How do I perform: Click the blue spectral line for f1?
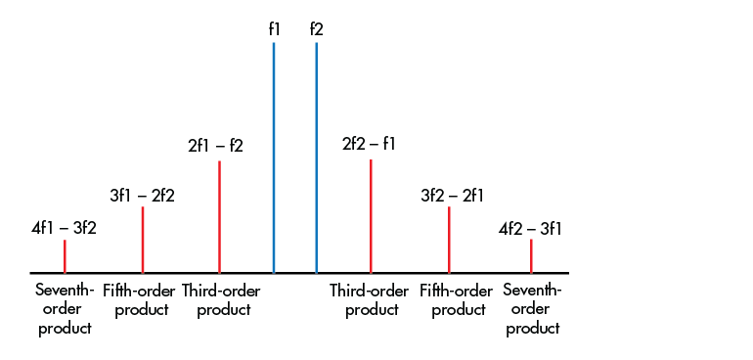tap(274, 157)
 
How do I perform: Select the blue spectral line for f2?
tap(316, 157)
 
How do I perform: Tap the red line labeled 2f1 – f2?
tap(219, 216)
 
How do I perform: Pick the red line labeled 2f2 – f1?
tap(371, 215)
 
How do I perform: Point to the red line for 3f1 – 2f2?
tap(143, 240)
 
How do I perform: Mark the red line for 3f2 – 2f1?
tap(449, 240)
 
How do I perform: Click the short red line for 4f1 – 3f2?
tap(65, 256)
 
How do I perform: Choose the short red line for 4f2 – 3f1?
tap(531, 255)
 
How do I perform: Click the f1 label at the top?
tap(274, 29)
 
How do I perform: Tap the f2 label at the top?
tap(316, 29)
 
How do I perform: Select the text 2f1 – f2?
tap(215, 146)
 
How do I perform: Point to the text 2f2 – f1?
tap(369, 144)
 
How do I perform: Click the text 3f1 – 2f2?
tap(142, 196)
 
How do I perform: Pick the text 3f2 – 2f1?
tap(452, 196)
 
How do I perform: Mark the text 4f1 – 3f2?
tap(64, 229)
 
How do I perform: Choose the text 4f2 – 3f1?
tap(530, 229)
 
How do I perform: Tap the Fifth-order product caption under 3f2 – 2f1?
tap(456, 300)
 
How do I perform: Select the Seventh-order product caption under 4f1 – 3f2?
tap(65, 309)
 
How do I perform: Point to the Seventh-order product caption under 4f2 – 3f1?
tap(532, 309)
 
